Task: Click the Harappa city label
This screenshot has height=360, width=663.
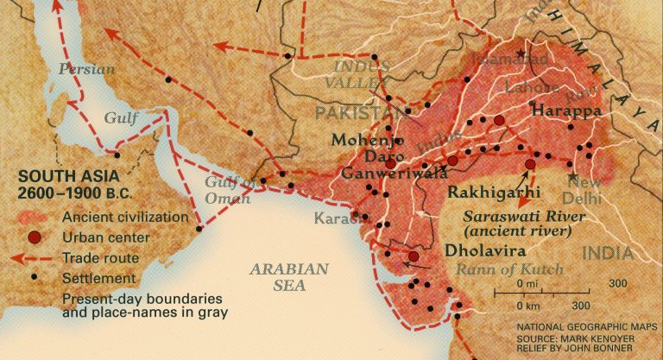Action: (566, 111)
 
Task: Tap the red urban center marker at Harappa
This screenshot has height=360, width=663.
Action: (498, 120)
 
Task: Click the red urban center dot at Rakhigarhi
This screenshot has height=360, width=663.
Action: (530, 163)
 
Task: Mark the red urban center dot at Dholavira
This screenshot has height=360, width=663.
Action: (414, 256)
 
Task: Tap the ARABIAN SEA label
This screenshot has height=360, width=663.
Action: (289, 276)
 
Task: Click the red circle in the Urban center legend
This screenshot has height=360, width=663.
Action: (34, 237)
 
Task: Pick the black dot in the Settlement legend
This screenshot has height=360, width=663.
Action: (34, 278)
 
